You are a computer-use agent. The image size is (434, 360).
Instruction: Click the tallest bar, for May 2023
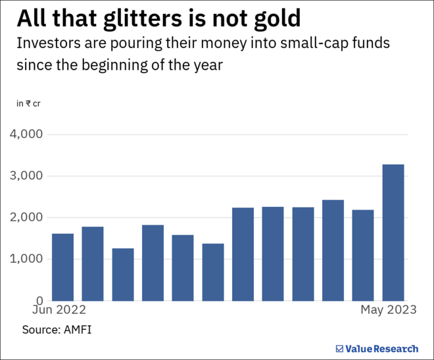(393, 233)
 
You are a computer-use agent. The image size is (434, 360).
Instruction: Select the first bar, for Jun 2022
(62, 267)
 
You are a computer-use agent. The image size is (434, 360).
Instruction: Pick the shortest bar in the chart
(123, 274)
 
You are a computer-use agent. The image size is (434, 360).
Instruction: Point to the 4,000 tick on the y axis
(26, 134)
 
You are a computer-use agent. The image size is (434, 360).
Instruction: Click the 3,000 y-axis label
(26, 176)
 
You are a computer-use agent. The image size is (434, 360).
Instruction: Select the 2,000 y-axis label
(26, 217)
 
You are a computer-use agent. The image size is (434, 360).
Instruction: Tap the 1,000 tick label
(26, 259)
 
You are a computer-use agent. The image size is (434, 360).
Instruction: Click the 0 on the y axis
(39, 300)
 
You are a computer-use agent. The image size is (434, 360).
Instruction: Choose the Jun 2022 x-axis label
(60, 309)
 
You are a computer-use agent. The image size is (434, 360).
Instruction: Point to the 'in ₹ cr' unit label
(28, 103)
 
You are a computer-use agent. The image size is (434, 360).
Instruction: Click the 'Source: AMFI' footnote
(57, 329)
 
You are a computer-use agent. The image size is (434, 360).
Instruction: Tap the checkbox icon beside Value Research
(339, 348)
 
